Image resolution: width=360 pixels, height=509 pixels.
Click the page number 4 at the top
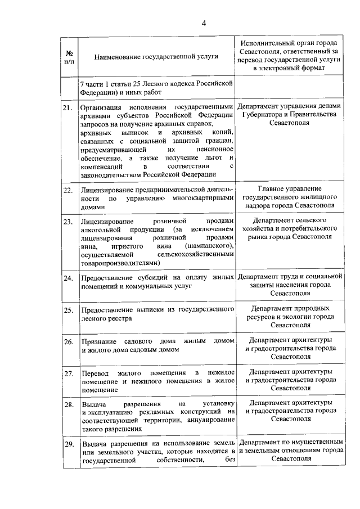pos(204,23)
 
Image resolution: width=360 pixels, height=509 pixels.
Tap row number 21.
pos(67,107)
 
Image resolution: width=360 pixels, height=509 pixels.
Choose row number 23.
pos(67,222)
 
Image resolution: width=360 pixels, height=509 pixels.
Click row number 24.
pos(67,278)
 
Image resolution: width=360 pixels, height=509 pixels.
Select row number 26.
pos(67,342)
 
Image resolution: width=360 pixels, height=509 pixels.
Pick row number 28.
pos(67,405)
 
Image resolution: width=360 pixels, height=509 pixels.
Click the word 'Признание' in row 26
pos(98,342)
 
